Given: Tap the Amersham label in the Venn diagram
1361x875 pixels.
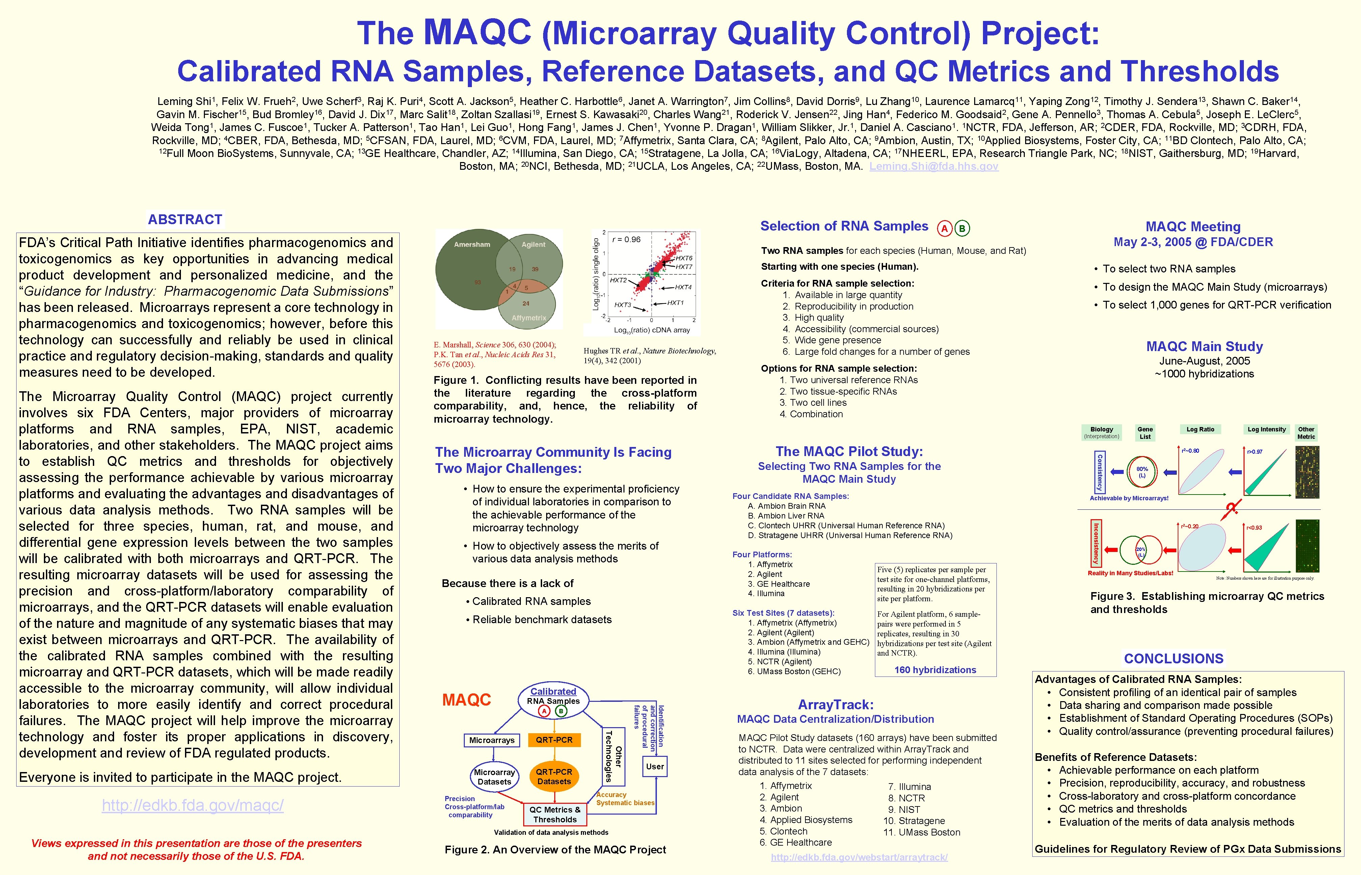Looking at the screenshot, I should point(472,244).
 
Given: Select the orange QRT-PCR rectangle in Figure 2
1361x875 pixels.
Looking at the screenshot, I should point(554,740).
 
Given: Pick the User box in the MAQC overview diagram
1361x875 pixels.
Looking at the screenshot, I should point(655,767).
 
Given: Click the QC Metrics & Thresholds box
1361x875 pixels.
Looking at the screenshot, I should point(555,814).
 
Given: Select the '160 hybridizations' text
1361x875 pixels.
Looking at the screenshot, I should point(935,670).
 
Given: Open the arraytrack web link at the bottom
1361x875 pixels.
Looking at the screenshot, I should point(859,857).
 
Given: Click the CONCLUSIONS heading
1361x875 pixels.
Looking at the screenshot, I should point(1174,659).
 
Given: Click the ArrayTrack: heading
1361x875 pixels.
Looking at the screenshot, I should point(835,705).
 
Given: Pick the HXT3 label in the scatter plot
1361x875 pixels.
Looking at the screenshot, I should point(622,305).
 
